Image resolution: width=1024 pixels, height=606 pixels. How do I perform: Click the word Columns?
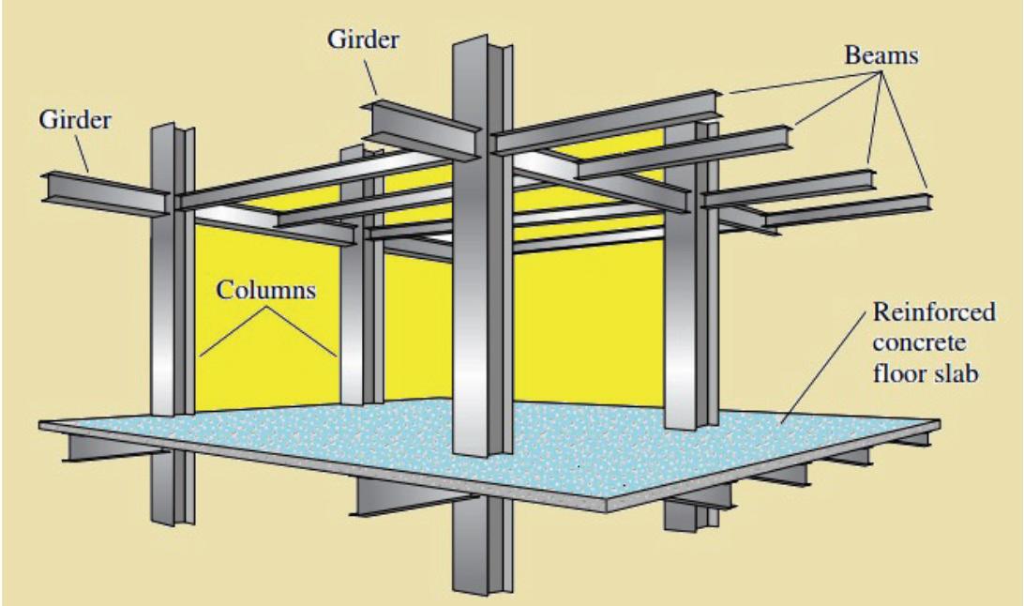pyautogui.click(x=267, y=290)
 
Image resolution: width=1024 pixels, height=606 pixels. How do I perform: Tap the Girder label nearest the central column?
pyautogui.click(x=364, y=40)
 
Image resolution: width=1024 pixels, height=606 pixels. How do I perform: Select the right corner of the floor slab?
pyautogui.click(x=938, y=430)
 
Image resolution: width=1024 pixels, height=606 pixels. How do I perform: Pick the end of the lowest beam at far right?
pyautogui.click(x=928, y=202)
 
